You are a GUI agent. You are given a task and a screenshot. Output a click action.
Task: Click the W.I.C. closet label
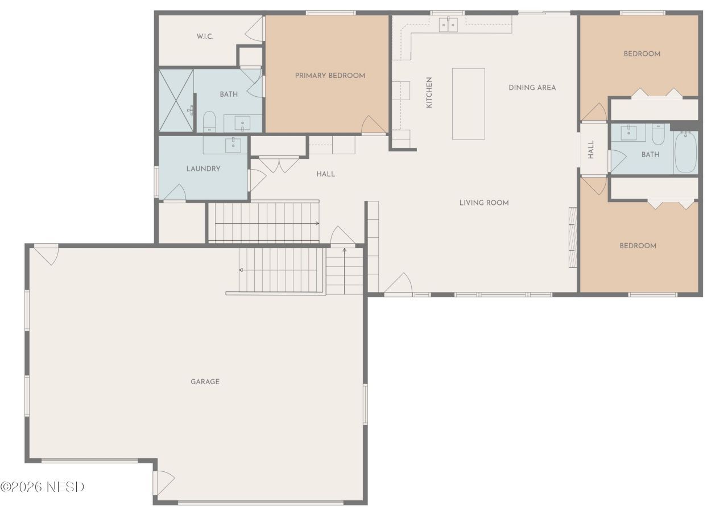coord(205,36)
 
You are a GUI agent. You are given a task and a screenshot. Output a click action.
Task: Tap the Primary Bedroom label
coord(330,76)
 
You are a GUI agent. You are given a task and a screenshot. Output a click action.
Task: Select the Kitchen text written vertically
coord(429,92)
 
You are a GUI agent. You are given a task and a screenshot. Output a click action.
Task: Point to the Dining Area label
coord(532,88)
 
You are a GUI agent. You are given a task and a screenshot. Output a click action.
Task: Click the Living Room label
coord(484,203)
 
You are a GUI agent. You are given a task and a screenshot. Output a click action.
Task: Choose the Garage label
coord(205,381)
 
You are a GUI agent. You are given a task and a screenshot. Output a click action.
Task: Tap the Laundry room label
coord(203,168)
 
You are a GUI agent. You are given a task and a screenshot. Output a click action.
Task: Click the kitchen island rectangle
coord(468,104)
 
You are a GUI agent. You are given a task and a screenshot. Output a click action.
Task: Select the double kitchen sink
coord(448,24)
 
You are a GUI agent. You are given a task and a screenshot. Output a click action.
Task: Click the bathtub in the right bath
coord(685,152)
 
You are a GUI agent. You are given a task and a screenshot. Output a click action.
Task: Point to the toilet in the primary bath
coord(209,121)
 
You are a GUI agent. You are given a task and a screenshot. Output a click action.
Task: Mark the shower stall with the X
coord(176,100)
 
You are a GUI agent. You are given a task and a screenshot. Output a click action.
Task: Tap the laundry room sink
coord(233,145)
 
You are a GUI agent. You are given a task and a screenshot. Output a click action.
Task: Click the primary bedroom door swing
coord(374,125)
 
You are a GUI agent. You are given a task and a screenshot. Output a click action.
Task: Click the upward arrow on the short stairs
coord(345,270)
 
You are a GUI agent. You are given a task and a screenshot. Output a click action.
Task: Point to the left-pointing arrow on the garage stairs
coord(278,270)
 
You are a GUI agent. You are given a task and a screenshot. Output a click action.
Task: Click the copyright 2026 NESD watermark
coord(42,487)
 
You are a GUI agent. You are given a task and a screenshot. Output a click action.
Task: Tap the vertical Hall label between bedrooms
coord(591,149)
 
